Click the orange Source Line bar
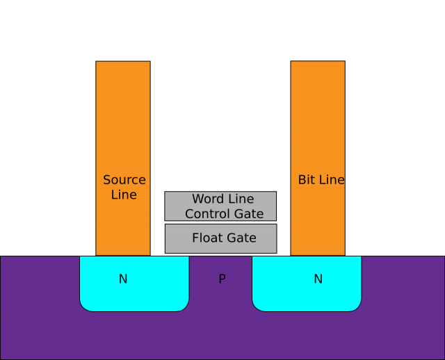pos(122,125)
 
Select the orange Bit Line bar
pos(317,125)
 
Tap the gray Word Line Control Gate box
pos(220,206)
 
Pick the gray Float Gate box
pos(220,238)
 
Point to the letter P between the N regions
pos(222,279)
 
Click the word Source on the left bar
pos(124,180)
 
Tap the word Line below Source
pos(124,195)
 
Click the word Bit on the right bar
pos(307,180)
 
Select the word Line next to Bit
pos(331,180)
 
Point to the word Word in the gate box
pos(207,199)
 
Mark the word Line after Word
pos(241,199)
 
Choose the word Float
pos(207,238)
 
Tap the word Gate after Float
pos(242,238)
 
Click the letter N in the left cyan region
pos(123,279)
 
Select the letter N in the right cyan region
pos(318,279)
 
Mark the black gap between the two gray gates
pos(220,222)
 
